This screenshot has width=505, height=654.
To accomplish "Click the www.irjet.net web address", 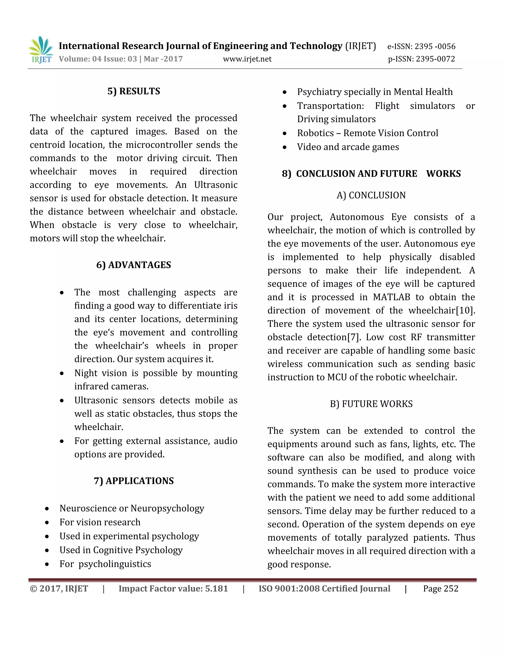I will (247, 59).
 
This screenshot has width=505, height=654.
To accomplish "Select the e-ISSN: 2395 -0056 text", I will (421, 46).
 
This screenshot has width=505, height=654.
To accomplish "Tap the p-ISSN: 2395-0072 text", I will (421, 59).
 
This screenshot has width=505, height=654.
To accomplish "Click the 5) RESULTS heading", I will (134, 91).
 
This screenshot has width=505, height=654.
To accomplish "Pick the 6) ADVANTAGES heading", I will (133, 265).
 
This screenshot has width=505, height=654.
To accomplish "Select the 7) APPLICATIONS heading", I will (133, 481).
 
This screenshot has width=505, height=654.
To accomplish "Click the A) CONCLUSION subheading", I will (371, 195).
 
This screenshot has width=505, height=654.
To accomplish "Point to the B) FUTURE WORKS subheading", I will (371, 404).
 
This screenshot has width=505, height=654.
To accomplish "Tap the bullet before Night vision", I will (62, 373).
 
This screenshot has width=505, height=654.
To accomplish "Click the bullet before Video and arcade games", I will (285, 147).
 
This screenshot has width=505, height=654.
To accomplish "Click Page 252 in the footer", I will (440, 588).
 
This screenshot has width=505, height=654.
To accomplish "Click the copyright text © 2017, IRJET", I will (59, 588).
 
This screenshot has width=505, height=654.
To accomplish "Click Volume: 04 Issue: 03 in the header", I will (98, 59).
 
